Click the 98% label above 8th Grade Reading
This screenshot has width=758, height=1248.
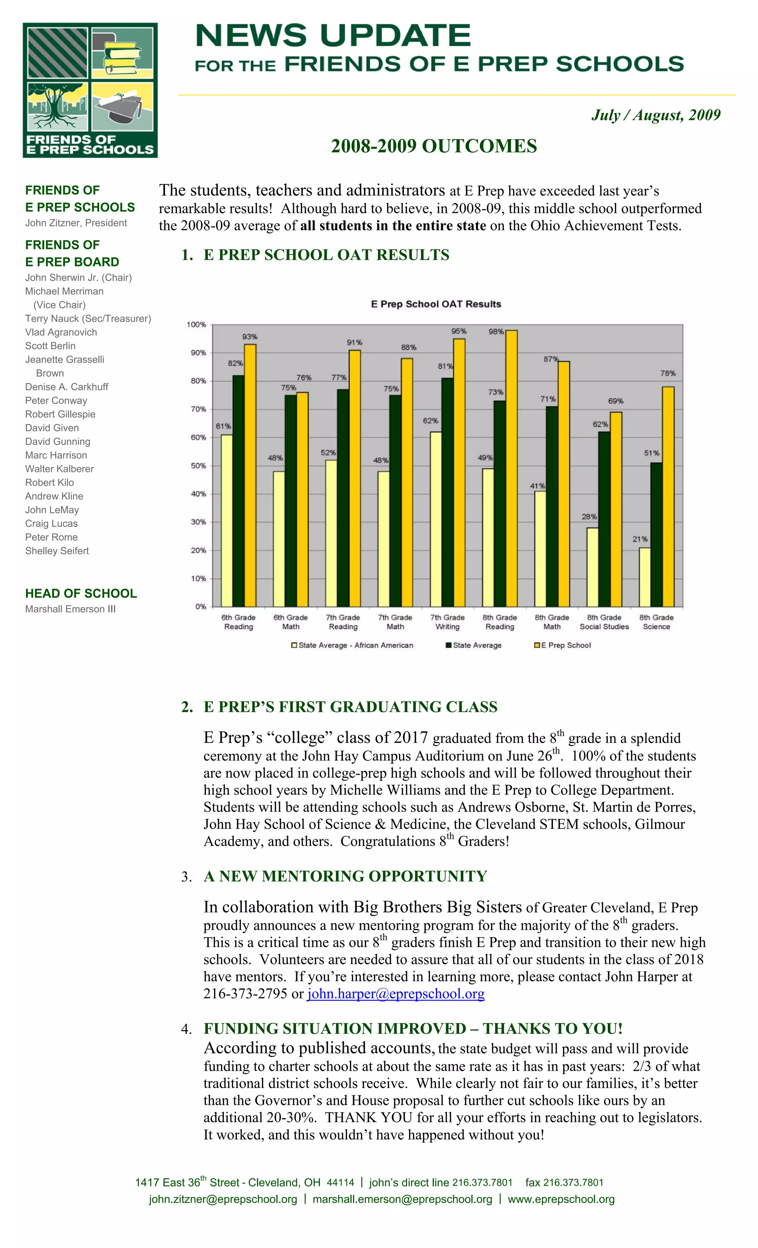tap(496, 332)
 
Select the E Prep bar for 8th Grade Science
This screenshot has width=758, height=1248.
tap(667, 497)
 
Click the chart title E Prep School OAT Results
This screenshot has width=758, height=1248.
tap(436, 304)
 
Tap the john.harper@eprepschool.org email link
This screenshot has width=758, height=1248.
tap(395, 994)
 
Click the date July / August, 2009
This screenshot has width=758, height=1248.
tap(655, 115)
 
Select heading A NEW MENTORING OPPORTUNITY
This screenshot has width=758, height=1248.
tap(345, 876)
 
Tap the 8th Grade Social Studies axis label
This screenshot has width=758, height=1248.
tap(604, 622)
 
